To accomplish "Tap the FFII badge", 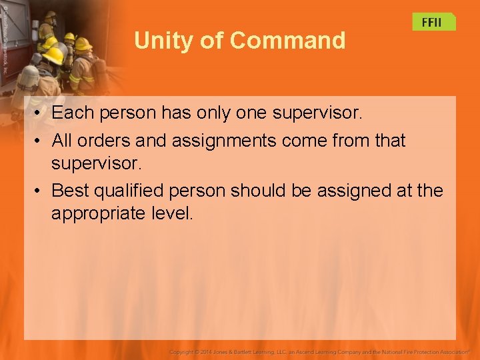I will pyautogui.click(x=432, y=22).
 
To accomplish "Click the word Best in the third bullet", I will pyautogui.click(x=71, y=191).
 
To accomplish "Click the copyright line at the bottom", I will pyautogui.click(x=320, y=351).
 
